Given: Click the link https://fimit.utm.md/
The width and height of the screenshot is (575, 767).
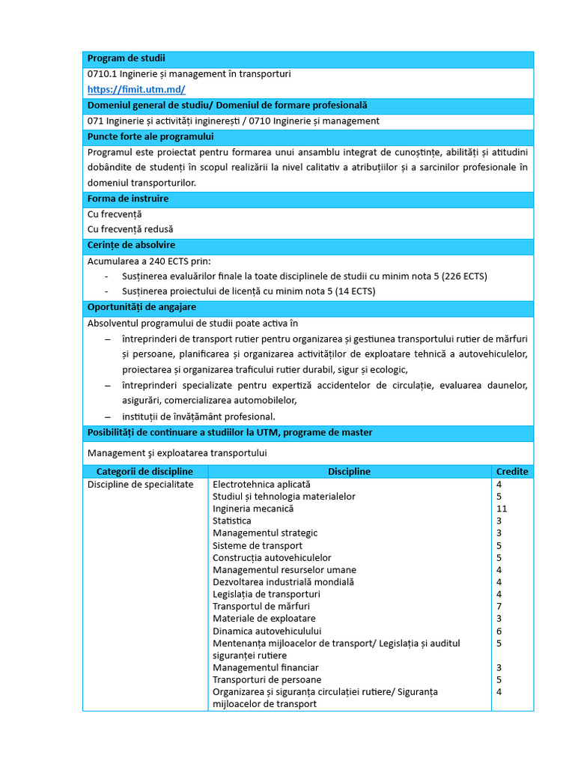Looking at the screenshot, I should tap(136, 89).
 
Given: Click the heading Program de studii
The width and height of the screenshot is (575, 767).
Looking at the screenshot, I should tap(127, 58).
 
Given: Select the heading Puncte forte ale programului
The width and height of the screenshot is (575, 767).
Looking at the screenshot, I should tap(150, 136).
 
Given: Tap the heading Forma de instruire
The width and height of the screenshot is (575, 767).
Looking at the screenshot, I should tap(128, 198).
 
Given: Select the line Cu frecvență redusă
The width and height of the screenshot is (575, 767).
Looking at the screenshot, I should tap(130, 229).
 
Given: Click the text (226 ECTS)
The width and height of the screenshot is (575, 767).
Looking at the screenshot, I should tap(464, 276).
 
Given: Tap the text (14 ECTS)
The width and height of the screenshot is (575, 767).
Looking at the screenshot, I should tap(351, 291).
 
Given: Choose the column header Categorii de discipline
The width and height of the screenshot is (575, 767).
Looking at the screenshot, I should tap(144, 471).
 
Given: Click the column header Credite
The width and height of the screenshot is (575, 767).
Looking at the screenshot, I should tap(512, 471).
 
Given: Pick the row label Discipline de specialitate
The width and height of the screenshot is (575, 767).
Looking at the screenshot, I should tap(141, 484).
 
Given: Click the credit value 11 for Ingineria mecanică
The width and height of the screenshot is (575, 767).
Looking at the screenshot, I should tap(502, 509).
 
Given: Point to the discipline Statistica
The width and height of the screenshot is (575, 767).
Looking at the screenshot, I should tap(232, 521).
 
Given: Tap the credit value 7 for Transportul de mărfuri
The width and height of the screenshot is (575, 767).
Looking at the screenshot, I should tap(499, 606).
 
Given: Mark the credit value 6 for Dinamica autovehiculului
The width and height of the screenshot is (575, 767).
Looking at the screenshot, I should tap(499, 631).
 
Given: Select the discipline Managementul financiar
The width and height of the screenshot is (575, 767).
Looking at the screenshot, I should tap(266, 667).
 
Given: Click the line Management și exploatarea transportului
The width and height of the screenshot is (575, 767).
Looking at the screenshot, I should tap(177, 453).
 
